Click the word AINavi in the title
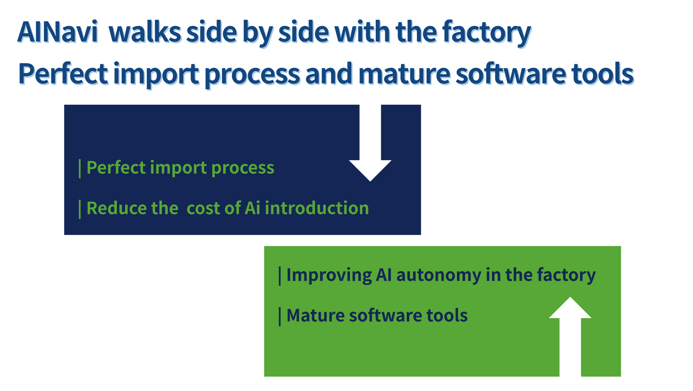pos(58,32)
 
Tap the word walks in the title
pos(145,32)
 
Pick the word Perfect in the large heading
pos(63,74)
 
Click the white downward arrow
pos(370,143)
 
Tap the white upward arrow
pos(570,336)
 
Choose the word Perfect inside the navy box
pos(116,168)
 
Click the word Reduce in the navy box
pos(117,208)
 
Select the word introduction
pos(317,208)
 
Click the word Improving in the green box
pos(329,275)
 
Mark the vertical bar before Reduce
pos(80,209)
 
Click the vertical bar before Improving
pos(280,276)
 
